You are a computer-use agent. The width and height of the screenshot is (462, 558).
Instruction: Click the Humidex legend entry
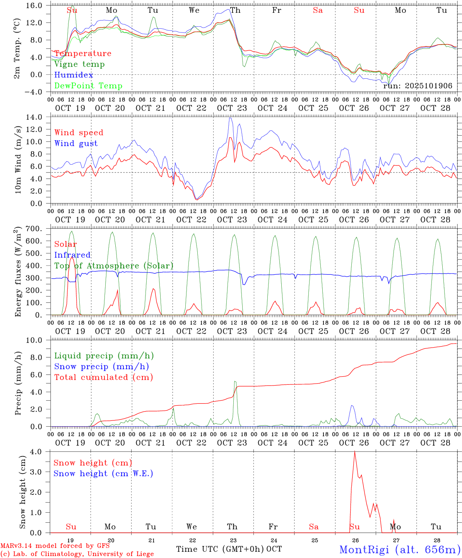74,75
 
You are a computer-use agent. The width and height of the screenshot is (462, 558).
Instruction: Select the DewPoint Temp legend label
88,86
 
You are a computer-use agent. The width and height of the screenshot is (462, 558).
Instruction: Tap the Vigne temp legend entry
79,64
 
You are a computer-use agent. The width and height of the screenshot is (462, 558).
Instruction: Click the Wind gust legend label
76,143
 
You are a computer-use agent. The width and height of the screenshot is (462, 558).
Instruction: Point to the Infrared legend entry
72,255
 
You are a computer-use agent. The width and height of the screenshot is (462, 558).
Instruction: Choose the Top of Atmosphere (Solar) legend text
113,266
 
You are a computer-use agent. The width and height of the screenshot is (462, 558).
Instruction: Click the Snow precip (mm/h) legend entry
101,367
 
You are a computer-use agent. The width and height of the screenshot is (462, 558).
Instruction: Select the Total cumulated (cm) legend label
103,377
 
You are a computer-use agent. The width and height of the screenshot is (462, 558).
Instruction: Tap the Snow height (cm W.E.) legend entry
103,474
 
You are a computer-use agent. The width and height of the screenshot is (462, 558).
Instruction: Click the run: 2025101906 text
418,86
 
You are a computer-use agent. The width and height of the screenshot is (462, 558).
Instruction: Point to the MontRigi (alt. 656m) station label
400,549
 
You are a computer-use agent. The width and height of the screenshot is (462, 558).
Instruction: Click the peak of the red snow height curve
354,451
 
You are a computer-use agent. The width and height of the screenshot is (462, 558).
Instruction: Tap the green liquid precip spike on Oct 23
235,382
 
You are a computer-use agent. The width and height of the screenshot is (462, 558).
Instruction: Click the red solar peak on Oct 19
72,256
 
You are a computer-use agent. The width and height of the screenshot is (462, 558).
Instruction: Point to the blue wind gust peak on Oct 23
231,118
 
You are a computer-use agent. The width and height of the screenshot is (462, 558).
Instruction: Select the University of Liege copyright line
77,554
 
